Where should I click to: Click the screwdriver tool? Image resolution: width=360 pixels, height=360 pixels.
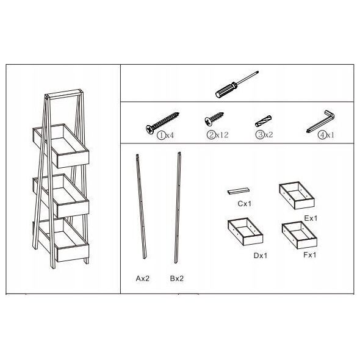(x=237, y=84)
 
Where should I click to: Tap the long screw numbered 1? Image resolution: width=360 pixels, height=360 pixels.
(x=162, y=123)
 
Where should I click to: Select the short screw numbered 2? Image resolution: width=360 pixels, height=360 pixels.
(x=214, y=119)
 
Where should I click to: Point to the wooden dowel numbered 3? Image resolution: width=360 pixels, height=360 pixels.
(x=264, y=121)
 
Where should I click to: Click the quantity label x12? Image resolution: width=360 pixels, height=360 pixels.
(x=222, y=135)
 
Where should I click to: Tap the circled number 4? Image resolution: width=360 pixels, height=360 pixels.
(x=322, y=135)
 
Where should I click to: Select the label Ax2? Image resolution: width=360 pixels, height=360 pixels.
(x=143, y=278)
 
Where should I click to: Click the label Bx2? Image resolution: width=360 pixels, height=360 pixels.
(x=177, y=278)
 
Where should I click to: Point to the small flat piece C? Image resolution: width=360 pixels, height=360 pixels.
(x=239, y=191)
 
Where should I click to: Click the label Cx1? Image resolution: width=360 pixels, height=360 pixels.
(x=245, y=203)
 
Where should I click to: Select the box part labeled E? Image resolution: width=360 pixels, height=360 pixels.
(x=297, y=195)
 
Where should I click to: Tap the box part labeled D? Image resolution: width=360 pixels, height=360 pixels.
(x=245, y=231)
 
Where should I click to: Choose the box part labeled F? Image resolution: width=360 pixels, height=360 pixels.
(x=300, y=235)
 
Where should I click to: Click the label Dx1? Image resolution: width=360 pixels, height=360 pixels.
(x=261, y=255)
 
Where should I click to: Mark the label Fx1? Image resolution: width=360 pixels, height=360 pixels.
(x=310, y=254)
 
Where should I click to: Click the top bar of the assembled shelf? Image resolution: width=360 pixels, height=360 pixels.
(x=64, y=94)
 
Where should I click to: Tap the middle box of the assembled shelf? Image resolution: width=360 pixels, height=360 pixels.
(x=61, y=196)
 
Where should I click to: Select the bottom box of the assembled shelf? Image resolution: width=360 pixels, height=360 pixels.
(x=61, y=240)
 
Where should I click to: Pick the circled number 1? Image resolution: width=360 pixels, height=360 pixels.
(x=161, y=135)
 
